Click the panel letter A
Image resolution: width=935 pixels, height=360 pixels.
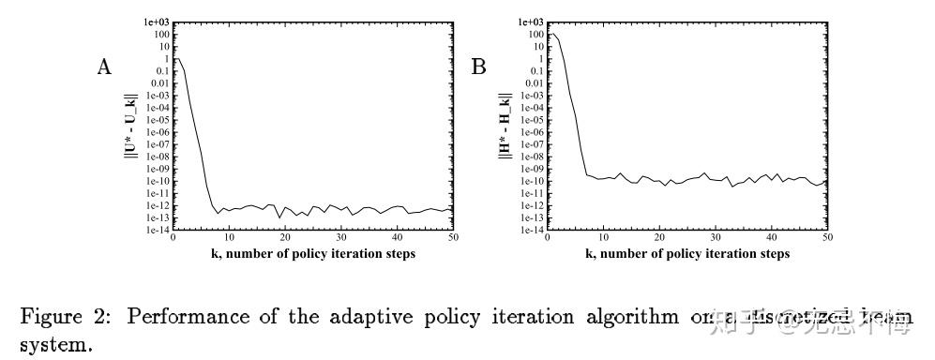tap(105, 67)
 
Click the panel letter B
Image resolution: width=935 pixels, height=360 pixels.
tap(478, 67)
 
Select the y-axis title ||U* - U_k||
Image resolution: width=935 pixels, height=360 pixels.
tap(131, 126)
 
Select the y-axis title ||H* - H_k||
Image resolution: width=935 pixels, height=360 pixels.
tap(505, 126)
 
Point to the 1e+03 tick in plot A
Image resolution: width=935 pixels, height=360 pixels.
tap(156, 22)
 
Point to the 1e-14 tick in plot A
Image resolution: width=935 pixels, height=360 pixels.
tap(156, 230)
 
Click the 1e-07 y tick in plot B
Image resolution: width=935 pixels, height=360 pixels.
tap(531, 144)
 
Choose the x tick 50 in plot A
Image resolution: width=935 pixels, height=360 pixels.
tap(453, 239)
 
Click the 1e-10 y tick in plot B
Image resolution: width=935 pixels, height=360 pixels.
tap(531, 181)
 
